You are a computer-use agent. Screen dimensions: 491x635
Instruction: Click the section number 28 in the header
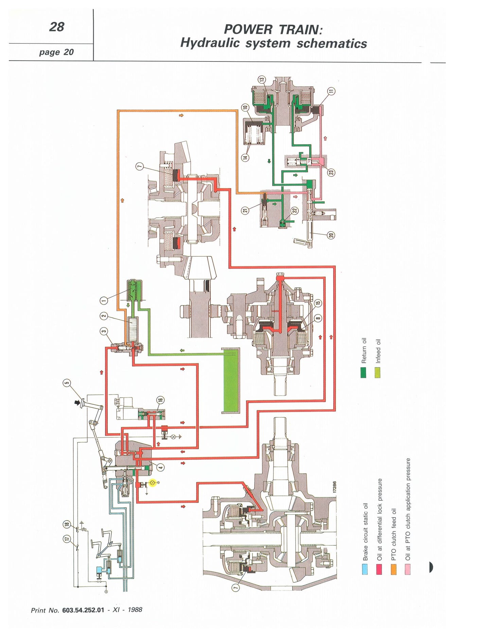(57, 27)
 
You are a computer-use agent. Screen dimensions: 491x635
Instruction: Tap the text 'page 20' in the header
(56, 52)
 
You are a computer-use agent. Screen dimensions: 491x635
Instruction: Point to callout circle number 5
(67, 383)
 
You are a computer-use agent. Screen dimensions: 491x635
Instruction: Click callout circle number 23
(331, 172)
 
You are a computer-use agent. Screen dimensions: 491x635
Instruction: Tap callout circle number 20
(331, 235)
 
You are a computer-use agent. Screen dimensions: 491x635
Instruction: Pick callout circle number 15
(317, 303)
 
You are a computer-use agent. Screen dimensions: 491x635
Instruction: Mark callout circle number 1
(104, 300)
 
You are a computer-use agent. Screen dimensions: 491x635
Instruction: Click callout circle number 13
(262, 80)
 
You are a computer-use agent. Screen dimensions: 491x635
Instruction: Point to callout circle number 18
(67, 525)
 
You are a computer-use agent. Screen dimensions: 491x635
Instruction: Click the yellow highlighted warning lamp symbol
(152, 482)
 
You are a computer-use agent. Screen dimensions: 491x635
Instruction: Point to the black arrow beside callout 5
(78, 402)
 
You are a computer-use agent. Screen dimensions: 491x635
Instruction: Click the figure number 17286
(334, 487)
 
